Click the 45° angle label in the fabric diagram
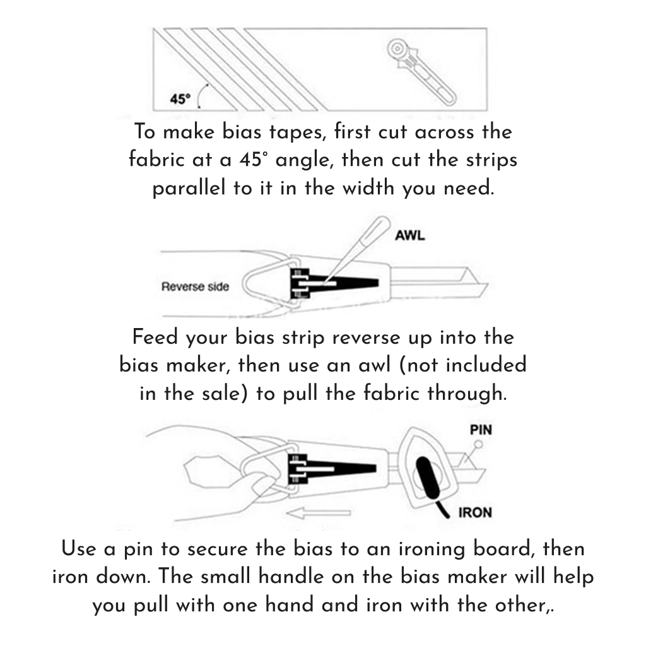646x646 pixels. (180, 99)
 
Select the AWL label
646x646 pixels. (409, 236)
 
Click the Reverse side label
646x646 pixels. (195, 287)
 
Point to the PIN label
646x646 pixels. (481, 430)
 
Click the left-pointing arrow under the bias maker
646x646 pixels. (318, 514)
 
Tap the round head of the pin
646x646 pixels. (478, 445)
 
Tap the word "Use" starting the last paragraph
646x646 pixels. (79, 548)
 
